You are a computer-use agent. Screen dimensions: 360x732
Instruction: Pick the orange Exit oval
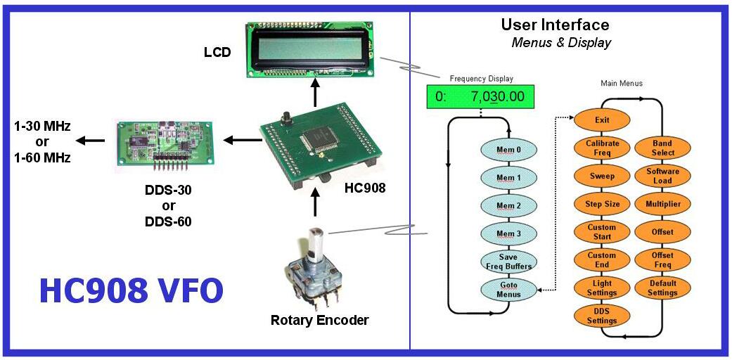tap(601, 120)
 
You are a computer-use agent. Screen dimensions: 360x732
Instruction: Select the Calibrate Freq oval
tap(601, 148)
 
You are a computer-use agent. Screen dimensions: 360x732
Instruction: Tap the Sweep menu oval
tap(601, 176)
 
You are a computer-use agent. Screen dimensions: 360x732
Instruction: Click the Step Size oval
tap(601, 204)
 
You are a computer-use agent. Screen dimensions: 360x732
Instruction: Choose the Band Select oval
tap(662, 148)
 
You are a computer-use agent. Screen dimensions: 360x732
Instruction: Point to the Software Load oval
tap(662, 176)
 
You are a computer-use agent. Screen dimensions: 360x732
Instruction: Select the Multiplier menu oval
tap(662, 204)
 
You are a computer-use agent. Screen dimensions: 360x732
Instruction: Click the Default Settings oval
tap(662, 288)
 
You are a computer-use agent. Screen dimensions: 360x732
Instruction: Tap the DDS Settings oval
tap(601, 316)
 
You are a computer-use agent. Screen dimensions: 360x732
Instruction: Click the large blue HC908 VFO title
tap(131, 290)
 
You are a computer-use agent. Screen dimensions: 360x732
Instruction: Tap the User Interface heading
tap(555, 25)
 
